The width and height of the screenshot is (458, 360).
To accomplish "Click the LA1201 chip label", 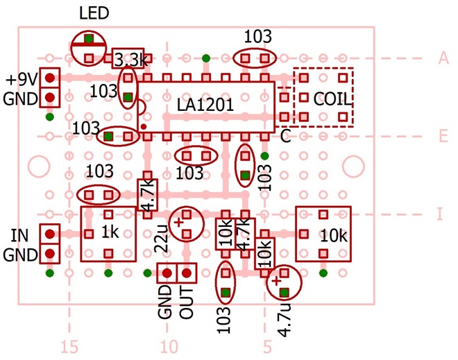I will [x=205, y=105].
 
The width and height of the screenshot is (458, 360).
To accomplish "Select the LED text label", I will [x=94, y=14].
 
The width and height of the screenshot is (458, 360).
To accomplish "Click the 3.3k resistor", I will [x=130, y=60].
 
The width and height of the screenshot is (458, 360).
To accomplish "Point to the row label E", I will [x=442, y=137].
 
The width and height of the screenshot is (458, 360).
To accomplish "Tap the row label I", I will [x=439, y=214].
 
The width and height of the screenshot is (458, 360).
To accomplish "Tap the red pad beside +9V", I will [x=49, y=78].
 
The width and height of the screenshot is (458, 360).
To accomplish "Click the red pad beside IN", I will [x=49, y=234].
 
